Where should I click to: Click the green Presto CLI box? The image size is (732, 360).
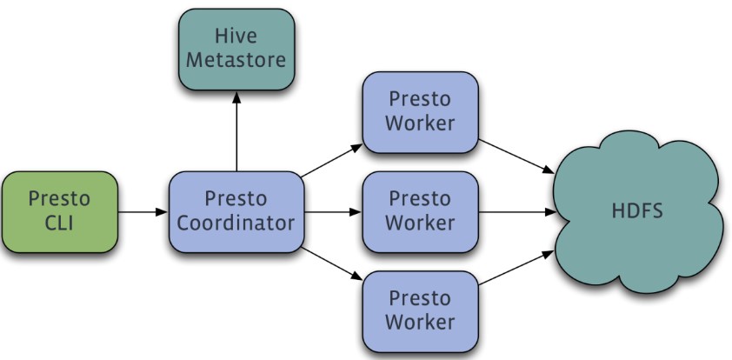(x=59, y=211)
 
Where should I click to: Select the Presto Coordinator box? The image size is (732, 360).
(x=236, y=211)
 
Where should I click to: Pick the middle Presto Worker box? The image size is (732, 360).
(x=420, y=211)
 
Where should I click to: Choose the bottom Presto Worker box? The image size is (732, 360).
(x=420, y=310)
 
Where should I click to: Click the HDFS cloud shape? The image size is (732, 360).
(x=639, y=211)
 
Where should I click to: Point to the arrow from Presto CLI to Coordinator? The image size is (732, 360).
(x=143, y=211)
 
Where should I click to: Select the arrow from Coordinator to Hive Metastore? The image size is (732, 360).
(x=236, y=130)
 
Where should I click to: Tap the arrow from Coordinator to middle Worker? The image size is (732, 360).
(x=331, y=211)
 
